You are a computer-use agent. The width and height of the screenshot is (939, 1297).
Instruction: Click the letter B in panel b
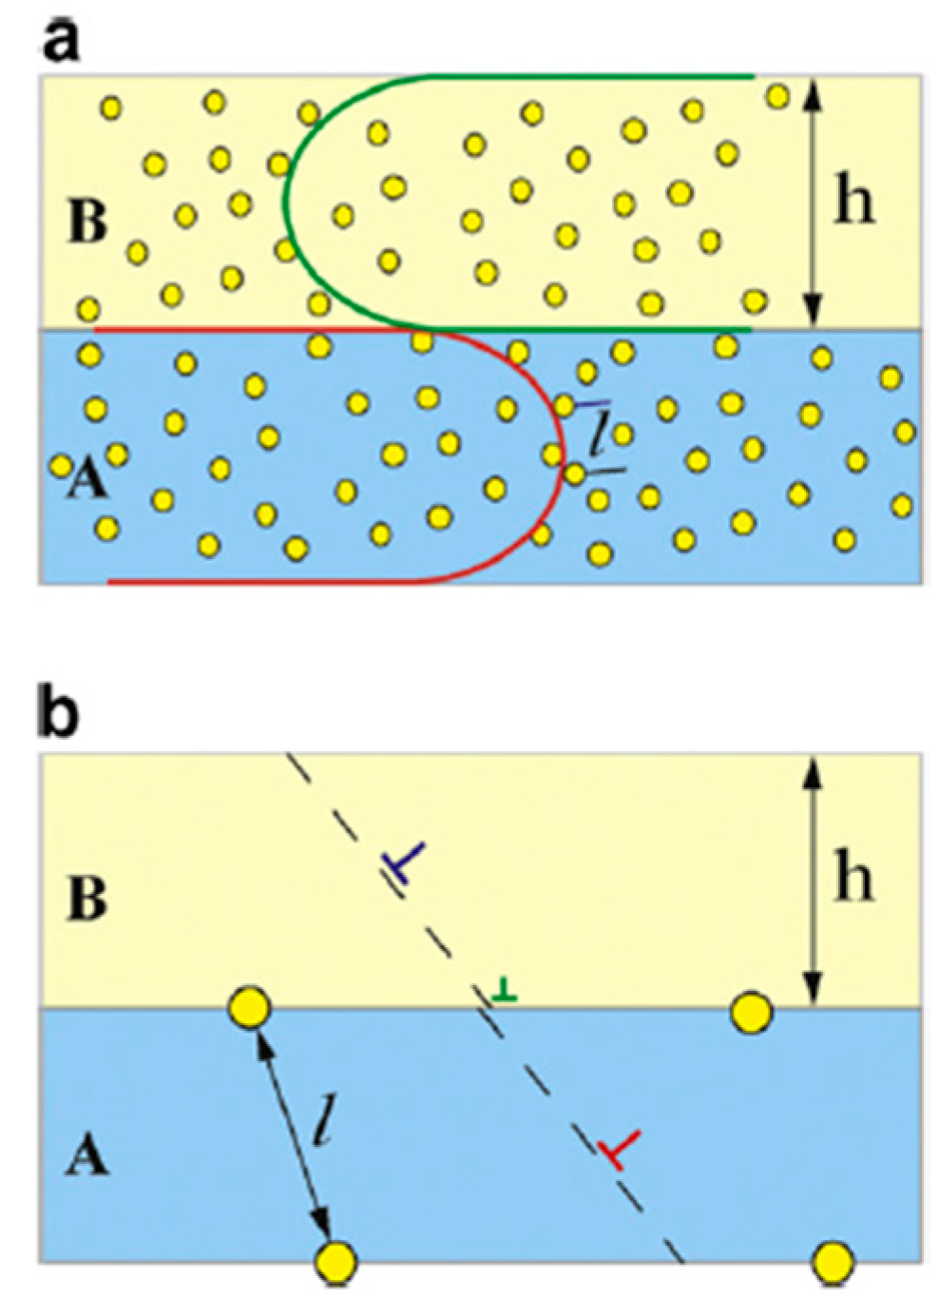click(x=86, y=899)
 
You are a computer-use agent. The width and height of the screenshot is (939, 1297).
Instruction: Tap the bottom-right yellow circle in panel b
click(x=834, y=1261)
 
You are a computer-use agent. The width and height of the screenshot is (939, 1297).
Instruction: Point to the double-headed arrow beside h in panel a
click(x=811, y=201)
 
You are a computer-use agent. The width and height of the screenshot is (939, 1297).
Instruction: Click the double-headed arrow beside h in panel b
click(x=811, y=880)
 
